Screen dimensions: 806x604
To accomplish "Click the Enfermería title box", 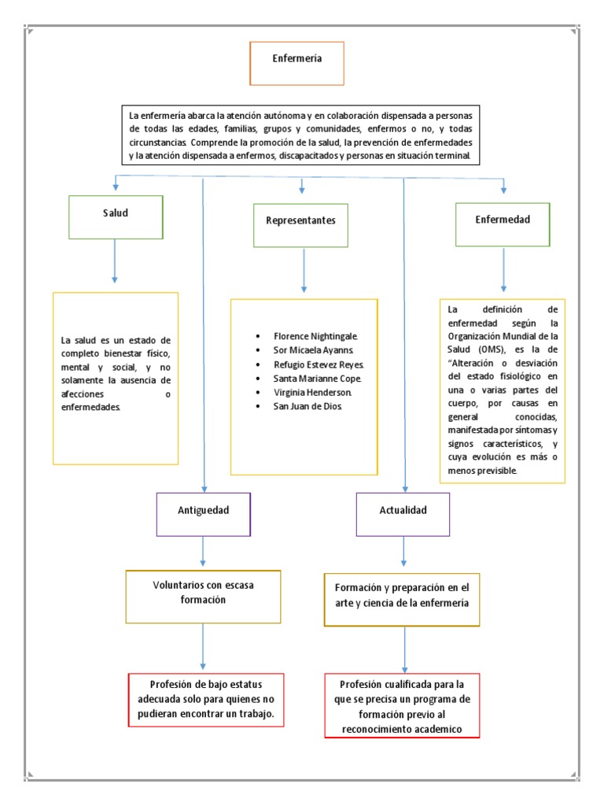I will [296, 64].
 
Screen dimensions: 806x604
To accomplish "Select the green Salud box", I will [116, 216].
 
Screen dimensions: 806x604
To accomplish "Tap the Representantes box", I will [301, 224].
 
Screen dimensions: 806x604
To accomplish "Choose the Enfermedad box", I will [503, 224].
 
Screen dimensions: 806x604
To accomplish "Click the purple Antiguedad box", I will [203, 515].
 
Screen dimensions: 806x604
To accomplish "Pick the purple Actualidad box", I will [403, 515].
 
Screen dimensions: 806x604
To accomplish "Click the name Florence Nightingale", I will [315, 335].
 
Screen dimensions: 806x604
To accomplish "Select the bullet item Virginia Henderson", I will [312, 392].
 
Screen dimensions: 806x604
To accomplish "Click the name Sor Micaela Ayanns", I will [314, 349].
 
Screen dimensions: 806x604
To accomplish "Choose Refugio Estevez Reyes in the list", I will [319, 364].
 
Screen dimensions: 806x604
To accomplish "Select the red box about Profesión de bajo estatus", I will [204, 700].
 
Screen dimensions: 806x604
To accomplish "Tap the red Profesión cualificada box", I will [403, 705].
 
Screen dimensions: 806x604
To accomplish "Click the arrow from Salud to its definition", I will [116, 260].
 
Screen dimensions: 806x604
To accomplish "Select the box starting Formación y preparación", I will [402, 598].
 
